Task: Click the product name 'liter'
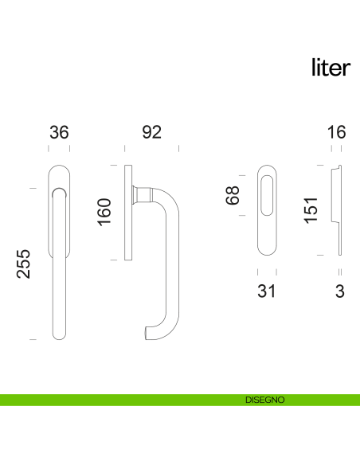tap(330, 68)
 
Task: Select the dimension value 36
tap(59, 132)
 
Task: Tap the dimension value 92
tap(151, 132)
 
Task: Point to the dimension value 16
tap(337, 132)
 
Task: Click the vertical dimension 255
tap(25, 264)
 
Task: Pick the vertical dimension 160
tap(104, 212)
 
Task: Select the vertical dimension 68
tap(233, 196)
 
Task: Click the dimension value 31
tap(267, 291)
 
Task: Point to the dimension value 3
tap(340, 291)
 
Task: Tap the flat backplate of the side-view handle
tap(127, 212)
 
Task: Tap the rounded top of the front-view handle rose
tap(59, 171)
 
